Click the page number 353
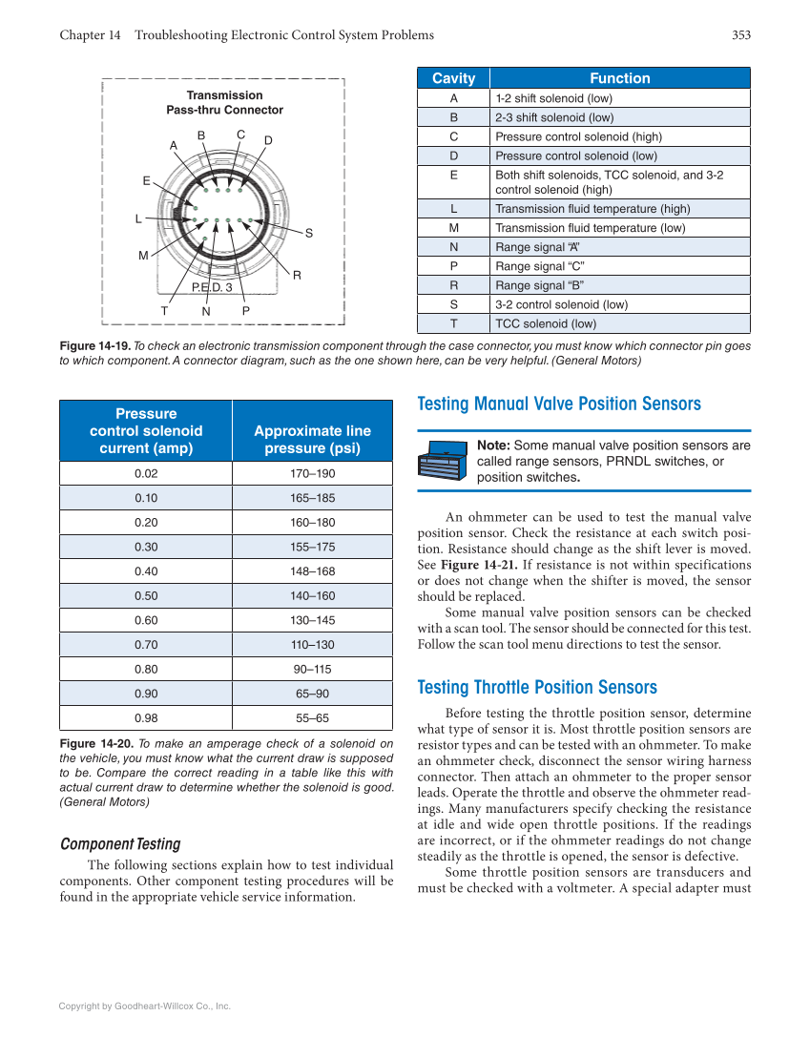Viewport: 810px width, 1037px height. pos(741,35)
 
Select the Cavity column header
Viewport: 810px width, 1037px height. pos(453,78)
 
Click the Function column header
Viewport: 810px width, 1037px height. pos(619,78)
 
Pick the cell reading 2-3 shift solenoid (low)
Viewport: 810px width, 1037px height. pos(554,117)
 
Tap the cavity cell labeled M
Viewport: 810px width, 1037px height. pos(453,227)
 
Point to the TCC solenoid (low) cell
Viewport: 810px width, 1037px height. pos(546,323)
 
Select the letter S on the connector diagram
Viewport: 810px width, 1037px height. pos(309,233)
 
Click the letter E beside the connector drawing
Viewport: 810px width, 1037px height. pos(146,180)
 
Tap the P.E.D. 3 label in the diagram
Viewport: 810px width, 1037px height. pos(212,286)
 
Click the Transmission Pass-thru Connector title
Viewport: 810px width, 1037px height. pos(224,102)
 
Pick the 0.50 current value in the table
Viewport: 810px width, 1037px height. pos(146,595)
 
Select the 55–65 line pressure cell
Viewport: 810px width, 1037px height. pos(313,717)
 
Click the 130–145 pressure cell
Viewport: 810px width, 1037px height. pos(313,620)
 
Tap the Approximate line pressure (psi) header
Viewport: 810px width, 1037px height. pos(312,439)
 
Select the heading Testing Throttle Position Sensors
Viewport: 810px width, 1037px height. pos(537,688)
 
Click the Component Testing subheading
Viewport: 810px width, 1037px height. pos(120,843)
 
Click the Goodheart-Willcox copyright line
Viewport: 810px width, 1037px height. pos(145,1006)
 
